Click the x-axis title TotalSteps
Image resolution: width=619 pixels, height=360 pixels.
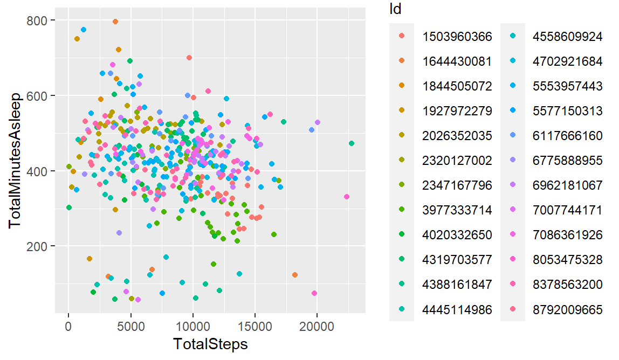pos(210,344)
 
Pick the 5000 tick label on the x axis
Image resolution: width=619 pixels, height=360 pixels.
pos(130,327)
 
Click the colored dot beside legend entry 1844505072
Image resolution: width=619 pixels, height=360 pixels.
pos(401,86)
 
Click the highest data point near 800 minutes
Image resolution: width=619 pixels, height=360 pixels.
pos(115,22)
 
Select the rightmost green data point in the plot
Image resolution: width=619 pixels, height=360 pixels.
pos(352,143)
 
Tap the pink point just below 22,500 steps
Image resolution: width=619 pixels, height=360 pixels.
pos(347,197)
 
